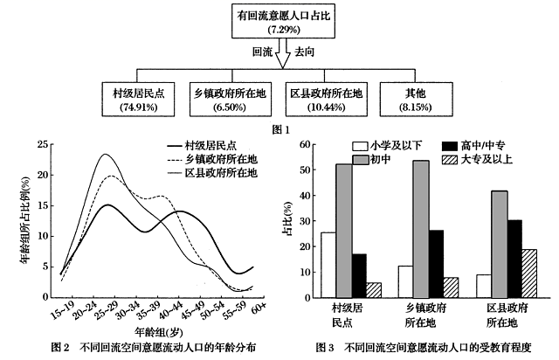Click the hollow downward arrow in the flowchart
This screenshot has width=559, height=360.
(279, 58)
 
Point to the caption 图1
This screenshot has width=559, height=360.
(280, 129)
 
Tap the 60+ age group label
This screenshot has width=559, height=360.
(259, 308)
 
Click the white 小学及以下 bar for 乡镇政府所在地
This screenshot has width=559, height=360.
(404, 281)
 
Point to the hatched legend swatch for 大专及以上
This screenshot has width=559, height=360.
(449, 159)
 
